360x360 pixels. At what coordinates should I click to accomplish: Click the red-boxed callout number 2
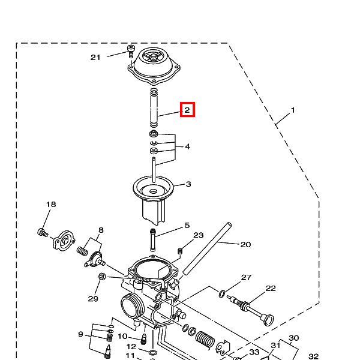click(187, 110)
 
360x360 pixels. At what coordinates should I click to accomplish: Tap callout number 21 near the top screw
click(95, 57)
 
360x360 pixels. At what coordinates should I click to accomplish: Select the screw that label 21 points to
click(131, 52)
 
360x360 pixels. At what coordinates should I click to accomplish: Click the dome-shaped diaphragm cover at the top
click(154, 65)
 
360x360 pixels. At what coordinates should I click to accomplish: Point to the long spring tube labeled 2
click(154, 108)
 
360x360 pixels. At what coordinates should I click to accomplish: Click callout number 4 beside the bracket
click(188, 146)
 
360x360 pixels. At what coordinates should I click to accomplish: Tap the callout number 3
click(188, 184)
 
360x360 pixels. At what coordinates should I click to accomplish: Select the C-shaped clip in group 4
click(154, 143)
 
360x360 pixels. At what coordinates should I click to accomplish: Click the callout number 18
click(51, 204)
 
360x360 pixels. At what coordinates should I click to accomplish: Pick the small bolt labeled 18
click(43, 232)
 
